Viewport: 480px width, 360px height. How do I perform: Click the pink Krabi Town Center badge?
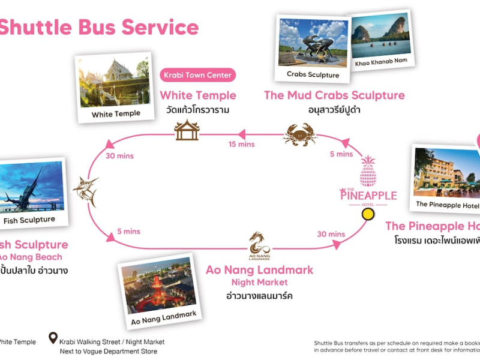[198, 76]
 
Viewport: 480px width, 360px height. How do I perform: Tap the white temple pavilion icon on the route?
[187, 130]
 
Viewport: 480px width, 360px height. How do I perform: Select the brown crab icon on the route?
[299, 134]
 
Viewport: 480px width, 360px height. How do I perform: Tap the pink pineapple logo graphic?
[368, 171]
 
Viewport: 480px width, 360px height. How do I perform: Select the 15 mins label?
[242, 144]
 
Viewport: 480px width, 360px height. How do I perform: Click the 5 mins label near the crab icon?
[341, 154]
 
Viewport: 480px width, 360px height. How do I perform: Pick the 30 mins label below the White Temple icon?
[119, 156]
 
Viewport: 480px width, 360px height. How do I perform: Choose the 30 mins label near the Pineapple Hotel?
[331, 234]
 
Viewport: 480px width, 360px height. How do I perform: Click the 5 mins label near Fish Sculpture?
[128, 232]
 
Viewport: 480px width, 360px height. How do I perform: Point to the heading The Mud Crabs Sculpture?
[334, 95]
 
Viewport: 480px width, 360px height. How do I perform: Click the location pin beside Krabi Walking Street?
[53, 338]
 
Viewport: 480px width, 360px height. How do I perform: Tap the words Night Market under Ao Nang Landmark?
[259, 283]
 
